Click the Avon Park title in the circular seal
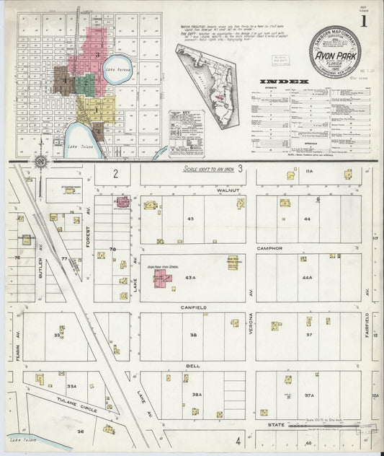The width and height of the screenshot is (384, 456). pos(338,52)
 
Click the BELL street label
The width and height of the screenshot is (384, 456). pos(193,366)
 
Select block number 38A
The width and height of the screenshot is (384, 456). pos(195,395)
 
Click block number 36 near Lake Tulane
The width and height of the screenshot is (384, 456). pos(81,431)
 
